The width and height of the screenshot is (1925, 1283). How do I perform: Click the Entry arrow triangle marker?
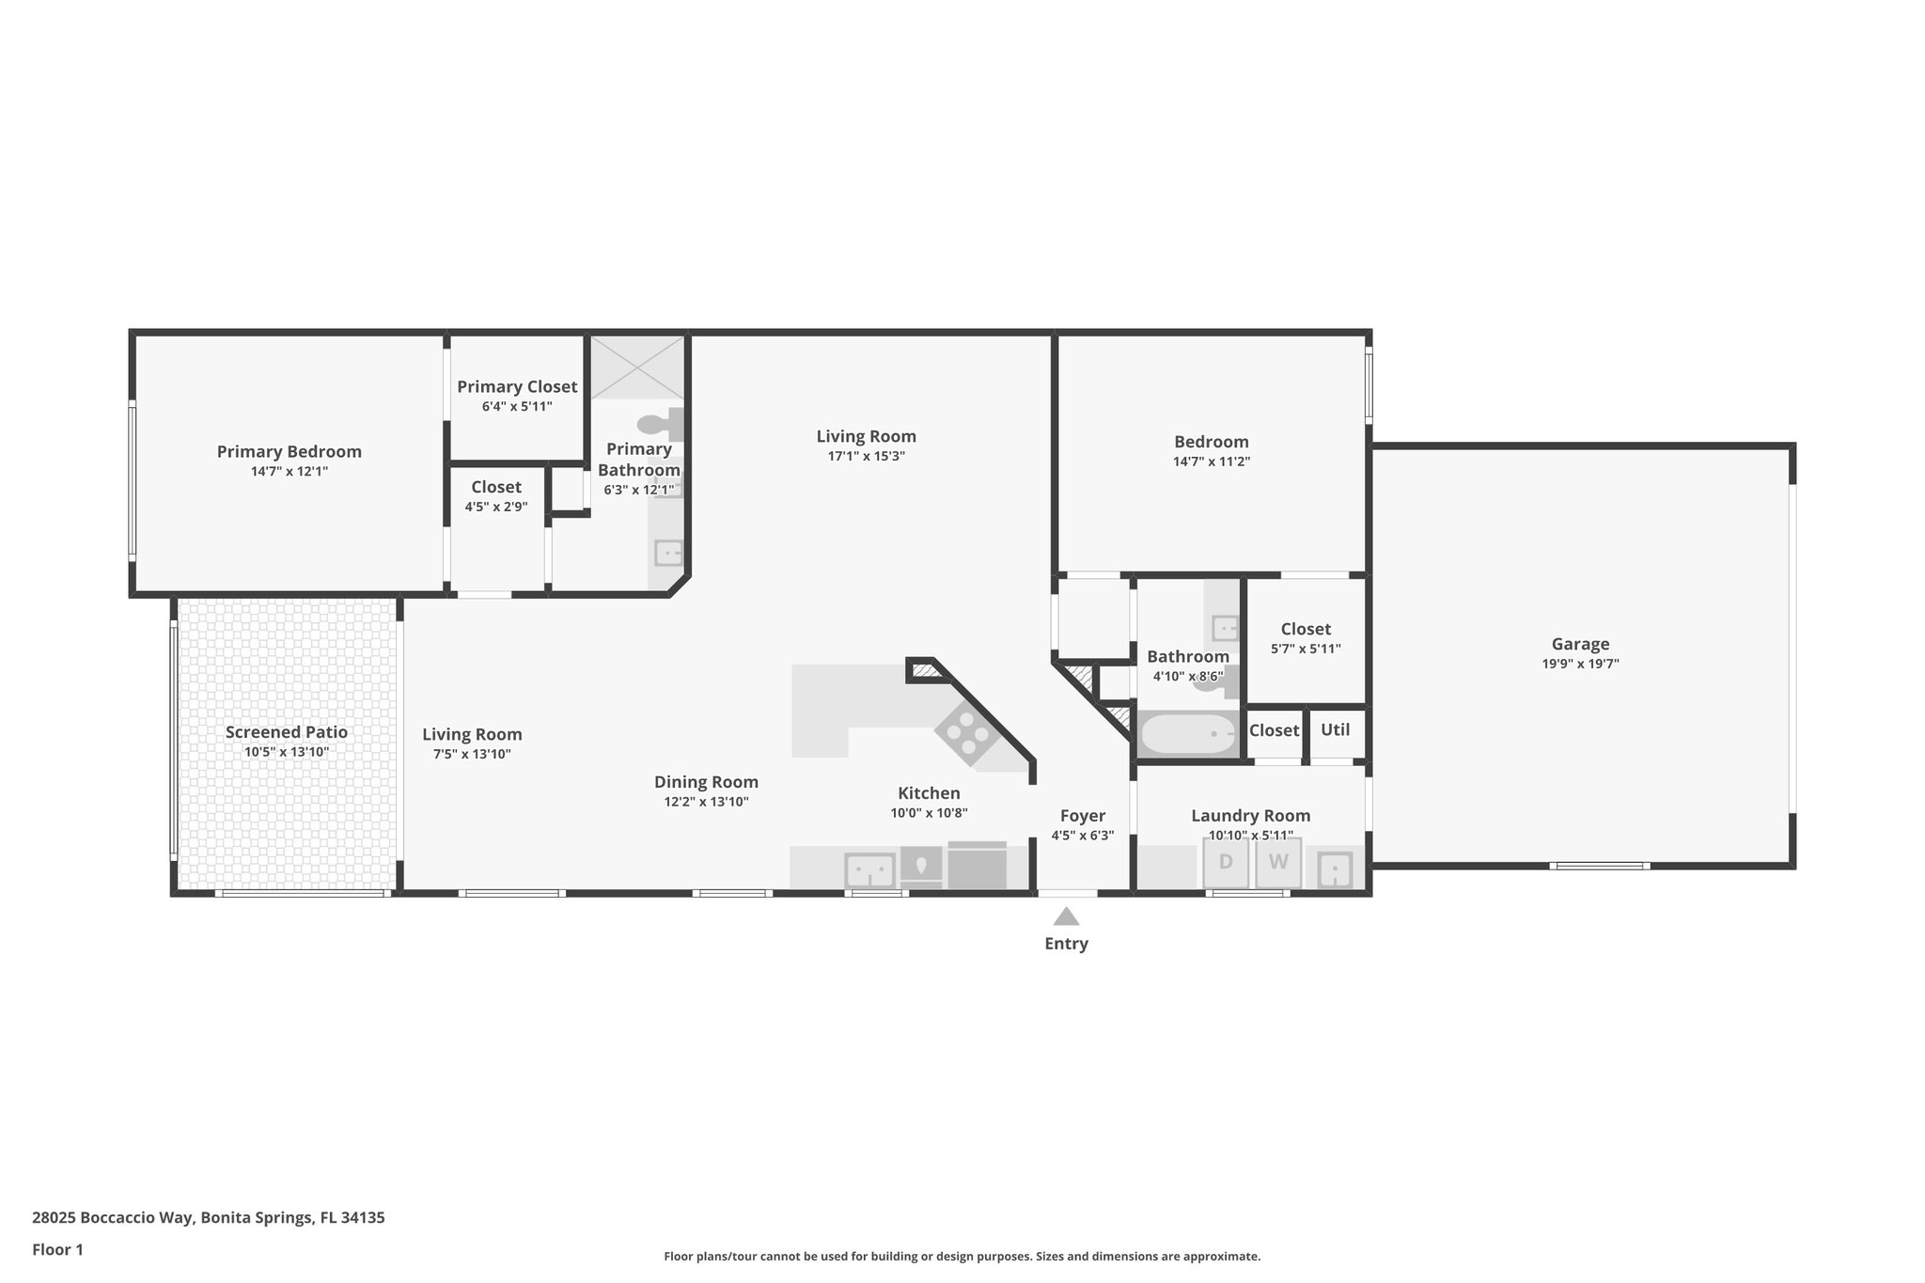coord(1065,916)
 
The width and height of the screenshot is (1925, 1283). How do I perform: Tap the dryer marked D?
coord(1226,863)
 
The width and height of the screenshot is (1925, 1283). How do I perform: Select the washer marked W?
coord(1278,863)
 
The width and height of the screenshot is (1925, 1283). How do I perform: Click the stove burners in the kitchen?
coord(966,734)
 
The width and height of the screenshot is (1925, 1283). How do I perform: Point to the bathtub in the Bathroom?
coord(1187,734)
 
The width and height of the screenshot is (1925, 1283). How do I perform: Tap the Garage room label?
coord(1580,644)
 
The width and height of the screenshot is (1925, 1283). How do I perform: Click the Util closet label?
coord(1335,729)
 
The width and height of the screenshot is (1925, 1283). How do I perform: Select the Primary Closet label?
coord(517,386)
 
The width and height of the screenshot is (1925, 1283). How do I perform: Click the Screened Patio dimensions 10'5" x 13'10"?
coord(286,752)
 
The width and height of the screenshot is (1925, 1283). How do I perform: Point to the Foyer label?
coord(1082,816)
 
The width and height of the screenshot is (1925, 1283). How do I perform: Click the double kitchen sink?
coord(869,869)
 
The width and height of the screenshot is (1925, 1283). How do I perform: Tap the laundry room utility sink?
coord(1334,869)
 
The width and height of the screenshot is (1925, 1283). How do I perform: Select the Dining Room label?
coord(706,782)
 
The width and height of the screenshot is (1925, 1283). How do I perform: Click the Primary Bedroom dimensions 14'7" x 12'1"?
coord(289,472)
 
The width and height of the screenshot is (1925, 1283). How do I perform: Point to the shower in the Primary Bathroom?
coord(637,367)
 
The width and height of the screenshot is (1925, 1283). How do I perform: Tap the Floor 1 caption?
coord(57,1250)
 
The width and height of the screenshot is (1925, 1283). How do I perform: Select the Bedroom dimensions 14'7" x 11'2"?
coord(1211,462)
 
